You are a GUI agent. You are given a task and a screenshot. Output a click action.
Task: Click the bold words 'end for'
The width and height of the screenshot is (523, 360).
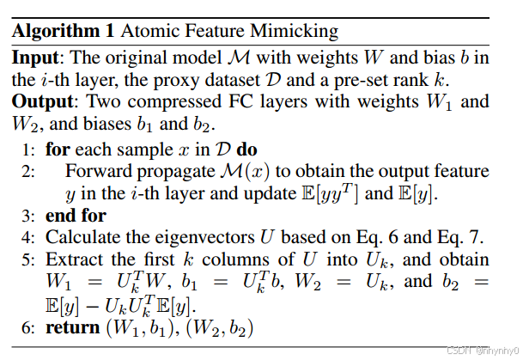coord(76,215)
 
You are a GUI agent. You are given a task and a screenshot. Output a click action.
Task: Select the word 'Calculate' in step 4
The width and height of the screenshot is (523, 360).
coord(82,236)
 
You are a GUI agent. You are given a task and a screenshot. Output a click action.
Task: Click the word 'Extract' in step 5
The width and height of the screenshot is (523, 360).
coord(72,259)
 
